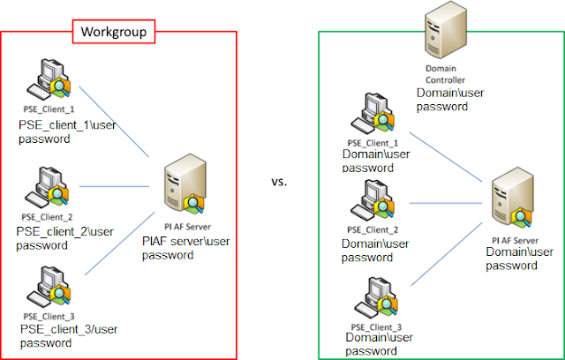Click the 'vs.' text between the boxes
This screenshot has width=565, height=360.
(281, 183)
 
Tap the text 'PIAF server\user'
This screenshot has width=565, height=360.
(185, 242)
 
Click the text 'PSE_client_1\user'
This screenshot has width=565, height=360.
(65, 126)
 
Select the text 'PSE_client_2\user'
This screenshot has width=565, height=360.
(65, 231)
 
